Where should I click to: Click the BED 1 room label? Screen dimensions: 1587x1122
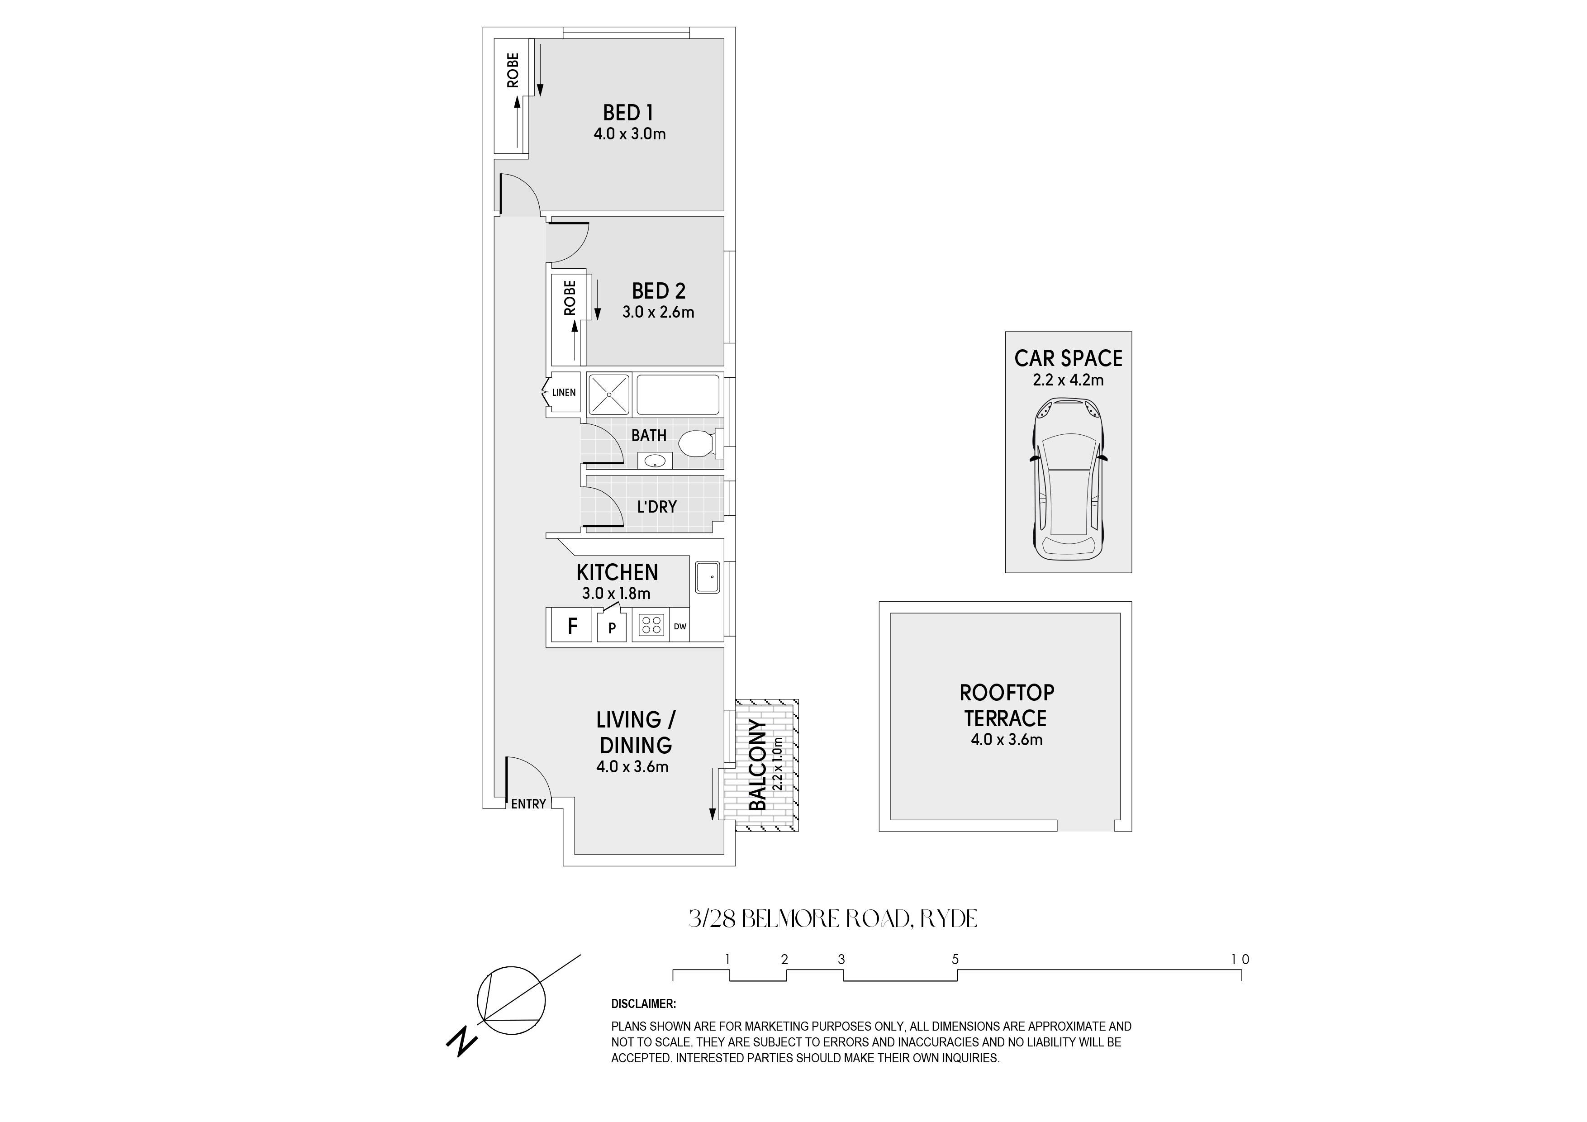point(627,113)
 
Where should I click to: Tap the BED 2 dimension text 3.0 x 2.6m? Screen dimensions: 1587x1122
point(658,312)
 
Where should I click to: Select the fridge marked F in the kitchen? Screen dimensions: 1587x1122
point(572,626)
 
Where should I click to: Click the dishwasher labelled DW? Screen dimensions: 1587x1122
point(680,626)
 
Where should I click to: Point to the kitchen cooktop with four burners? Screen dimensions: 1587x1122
point(651,626)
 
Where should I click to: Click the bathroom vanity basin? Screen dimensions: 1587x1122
point(655,461)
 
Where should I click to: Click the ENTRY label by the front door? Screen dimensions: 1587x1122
point(529,804)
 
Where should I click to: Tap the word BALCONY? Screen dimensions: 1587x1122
point(758,765)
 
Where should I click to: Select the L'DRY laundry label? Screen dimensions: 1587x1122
point(656,507)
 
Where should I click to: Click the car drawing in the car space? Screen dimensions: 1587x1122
point(1069,479)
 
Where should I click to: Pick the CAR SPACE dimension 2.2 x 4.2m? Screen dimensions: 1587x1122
point(1068,380)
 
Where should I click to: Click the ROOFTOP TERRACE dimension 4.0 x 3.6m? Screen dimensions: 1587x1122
point(1007,740)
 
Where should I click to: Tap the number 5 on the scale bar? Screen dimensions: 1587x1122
point(955,960)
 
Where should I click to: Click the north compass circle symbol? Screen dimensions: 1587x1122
point(512,1000)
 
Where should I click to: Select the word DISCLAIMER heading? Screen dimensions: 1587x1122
point(643,1004)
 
